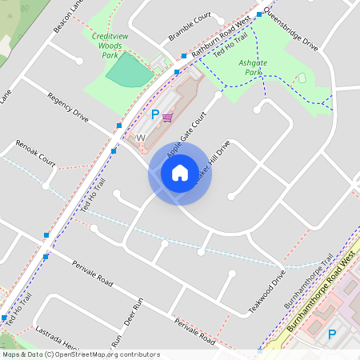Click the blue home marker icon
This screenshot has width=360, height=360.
tap(180, 172)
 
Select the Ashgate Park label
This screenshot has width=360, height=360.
tap(253, 68)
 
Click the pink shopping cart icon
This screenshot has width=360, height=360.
tap(167, 117)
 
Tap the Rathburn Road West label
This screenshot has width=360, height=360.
tap(225, 33)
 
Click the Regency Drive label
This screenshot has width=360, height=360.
tap(68, 106)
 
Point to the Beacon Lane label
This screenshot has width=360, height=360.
tap(67, 16)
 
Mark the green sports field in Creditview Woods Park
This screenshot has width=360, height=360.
tap(129, 72)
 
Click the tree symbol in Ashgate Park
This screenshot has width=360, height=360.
tap(302, 78)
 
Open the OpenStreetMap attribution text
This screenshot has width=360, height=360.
tap(81, 354)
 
